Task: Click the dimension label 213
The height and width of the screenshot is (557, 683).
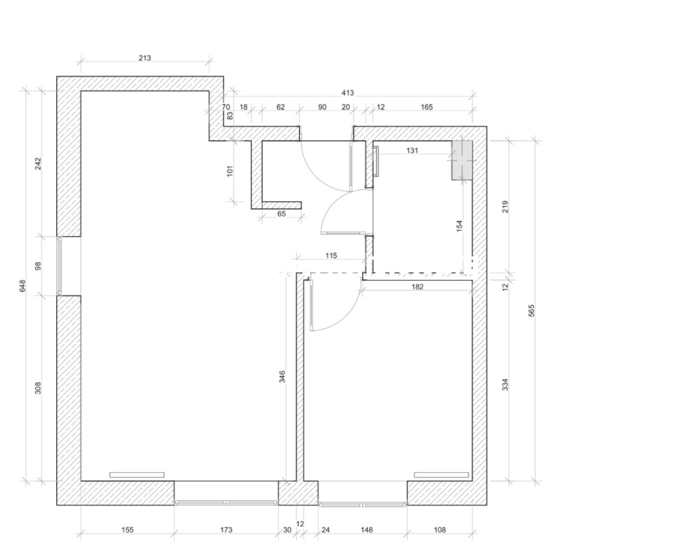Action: point(145,58)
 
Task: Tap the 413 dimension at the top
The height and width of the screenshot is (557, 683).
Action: point(348,93)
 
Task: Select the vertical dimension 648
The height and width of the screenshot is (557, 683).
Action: point(22,286)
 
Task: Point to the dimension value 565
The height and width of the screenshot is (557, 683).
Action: point(532,311)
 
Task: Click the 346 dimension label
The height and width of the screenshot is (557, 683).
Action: point(282,377)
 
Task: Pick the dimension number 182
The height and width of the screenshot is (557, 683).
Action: point(417,286)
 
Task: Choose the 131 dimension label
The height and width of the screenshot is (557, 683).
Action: point(412,150)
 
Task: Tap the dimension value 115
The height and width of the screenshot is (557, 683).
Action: point(331,255)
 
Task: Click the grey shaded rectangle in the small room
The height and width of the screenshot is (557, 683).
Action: point(462,160)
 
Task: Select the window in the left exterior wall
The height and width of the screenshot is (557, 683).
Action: point(60,266)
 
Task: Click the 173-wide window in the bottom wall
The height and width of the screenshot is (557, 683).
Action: point(226,502)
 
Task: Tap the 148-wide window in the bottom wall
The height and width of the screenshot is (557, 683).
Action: point(363,505)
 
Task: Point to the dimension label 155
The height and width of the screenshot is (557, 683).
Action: point(127,530)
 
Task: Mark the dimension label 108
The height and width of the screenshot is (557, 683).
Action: point(439,530)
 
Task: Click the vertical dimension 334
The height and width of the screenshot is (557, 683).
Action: point(505,385)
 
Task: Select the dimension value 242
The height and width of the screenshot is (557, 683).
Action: point(38,163)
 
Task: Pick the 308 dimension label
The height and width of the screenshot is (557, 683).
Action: point(38,388)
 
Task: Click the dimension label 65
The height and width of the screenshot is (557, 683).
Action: point(281,213)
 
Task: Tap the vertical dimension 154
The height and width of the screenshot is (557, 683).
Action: point(459,226)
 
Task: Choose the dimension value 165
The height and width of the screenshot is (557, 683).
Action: point(426,107)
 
